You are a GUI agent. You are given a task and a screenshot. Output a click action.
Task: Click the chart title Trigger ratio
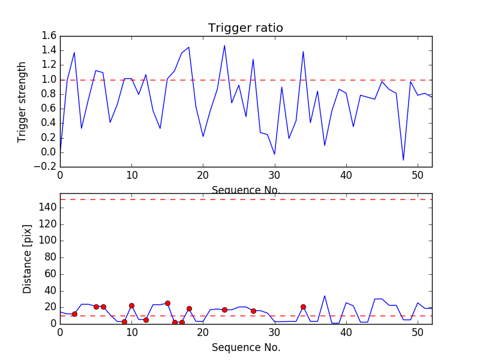click(245, 28)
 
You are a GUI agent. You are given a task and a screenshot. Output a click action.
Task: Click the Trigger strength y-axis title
click(22, 101)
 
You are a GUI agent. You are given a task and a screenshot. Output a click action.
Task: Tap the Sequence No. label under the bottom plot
click(246, 347)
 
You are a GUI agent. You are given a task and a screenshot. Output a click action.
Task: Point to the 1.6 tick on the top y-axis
click(49, 36)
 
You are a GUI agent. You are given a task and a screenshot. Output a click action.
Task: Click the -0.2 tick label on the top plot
click(47, 167)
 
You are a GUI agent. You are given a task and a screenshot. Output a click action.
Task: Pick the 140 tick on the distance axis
click(47, 208)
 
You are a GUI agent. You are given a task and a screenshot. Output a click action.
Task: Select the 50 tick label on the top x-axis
click(418, 176)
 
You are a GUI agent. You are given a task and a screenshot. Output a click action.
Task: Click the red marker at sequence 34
click(303, 307)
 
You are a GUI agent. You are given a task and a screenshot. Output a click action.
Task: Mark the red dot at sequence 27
click(253, 311)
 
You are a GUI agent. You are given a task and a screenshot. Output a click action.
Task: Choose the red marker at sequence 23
click(224, 310)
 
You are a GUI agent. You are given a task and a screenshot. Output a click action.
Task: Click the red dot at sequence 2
click(74, 314)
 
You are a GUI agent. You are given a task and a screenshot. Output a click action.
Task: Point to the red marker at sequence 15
click(167, 303)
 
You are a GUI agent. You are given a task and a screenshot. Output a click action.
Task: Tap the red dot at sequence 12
click(146, 320)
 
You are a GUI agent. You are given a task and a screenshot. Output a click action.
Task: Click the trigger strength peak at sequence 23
click(224, 46)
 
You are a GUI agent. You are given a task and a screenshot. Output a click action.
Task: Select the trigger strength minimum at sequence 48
click(403, 160)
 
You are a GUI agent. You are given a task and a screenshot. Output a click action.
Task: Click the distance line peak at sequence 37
click(325, 295)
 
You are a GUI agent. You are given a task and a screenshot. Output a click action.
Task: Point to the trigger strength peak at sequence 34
click(303, 52)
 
